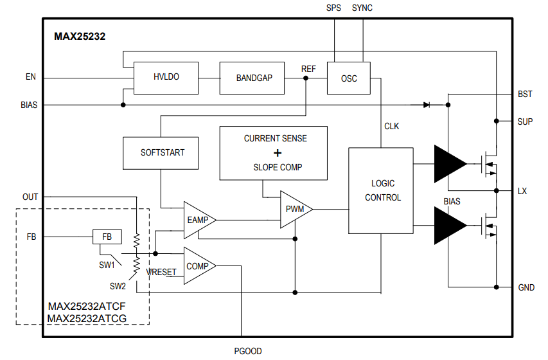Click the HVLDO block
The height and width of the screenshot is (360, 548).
[x=166, y=77]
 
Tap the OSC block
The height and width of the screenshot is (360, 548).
[x=349, y=78]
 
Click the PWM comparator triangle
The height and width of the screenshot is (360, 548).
[x=294, y=209]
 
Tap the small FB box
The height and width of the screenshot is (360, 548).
[x=107, y=237]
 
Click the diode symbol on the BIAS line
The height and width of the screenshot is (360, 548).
[x=426, y=105]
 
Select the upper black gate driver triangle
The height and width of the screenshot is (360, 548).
[x=449, y=164]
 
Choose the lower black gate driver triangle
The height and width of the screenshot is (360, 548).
[x=449, y=226]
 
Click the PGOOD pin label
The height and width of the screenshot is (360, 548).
[x=247, y=351]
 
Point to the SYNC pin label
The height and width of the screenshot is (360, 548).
[x=362, y=8]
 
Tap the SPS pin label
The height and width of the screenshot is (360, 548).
[x=334, y=8]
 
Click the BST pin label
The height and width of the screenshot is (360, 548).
[x=525, y=94]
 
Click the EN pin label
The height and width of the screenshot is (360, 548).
[x=30, y=77]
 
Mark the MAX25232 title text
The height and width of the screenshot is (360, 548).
[x=80, y=37]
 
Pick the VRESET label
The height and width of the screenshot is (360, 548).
[x=161, y=273]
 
